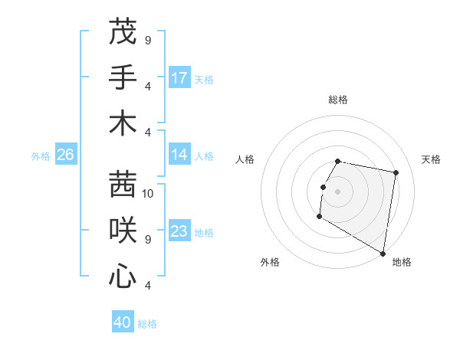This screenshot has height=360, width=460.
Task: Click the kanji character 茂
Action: pyautogui.click(x=123, y=33)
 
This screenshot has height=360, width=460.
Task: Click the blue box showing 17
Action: pyautogui.click(x=179, y=78)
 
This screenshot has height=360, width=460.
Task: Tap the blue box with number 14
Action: pyautogui.click(x=179, y=155)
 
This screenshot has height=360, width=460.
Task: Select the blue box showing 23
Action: pyautogui.click(x=179, y=231)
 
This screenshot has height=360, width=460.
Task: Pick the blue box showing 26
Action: pyautogui.click(x=65, y=155)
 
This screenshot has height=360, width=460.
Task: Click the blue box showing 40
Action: pyautogui.click(x=123, y=322)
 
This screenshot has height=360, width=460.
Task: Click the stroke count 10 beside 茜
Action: pyautogui.click(x=149, y=193)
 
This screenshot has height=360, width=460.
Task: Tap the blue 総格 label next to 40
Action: pyautogui.click(x=148, y=324)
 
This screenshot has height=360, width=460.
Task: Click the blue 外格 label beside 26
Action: pyautogui.click(x=41, y=155)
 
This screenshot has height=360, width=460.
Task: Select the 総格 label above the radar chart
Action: pyautogui.click(x=338, y=100)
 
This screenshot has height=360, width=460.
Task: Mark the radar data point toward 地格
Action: pyautogui.click(x=383, y=254)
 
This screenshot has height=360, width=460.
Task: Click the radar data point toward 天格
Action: pyautogui.click(x=396, y=173)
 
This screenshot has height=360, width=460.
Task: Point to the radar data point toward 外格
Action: pyautogui.click(x=319, y=217)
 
